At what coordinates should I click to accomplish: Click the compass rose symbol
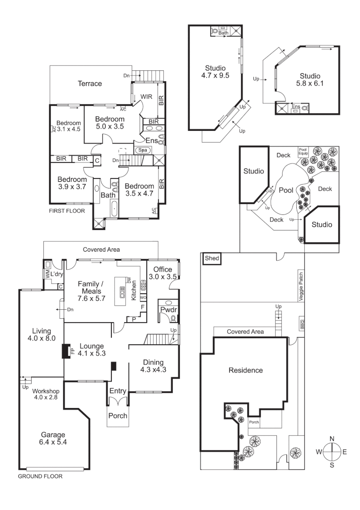(x=332, y=452)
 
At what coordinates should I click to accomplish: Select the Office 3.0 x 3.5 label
(x=162, y=273)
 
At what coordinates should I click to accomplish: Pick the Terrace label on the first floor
(x=90, y=84)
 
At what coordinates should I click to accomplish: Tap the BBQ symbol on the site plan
(x=301, y=324)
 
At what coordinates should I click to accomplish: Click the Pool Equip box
(x=302, y=152)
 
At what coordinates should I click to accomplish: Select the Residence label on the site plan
(x=245, y=370)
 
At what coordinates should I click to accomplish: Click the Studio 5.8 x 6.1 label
(x=310, y=80)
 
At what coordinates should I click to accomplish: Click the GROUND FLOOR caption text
(x=40, y=476)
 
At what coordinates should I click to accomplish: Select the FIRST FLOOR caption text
(x=67, y=211)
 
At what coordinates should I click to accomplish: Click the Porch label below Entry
(x=118, y=416)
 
